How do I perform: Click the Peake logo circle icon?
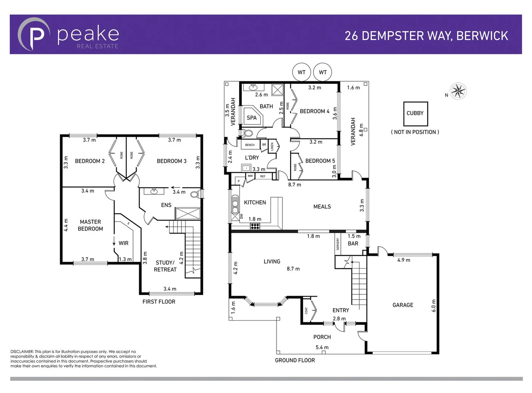point(33,34)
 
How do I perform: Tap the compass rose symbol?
point(458,91)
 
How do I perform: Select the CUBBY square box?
point(415,114)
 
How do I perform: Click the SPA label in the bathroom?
point(252,118)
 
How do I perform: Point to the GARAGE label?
point(403,305)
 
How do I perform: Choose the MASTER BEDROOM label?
point(90,225)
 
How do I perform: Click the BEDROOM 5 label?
point(320,161)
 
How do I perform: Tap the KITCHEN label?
point(255,202)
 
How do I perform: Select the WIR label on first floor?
point(123,243)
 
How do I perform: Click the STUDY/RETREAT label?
point(165,266)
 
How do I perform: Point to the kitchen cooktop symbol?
point(255,226)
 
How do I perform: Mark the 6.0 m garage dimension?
point(433,306)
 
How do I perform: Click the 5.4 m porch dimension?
point(322,347)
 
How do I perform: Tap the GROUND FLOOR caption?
point(295,360)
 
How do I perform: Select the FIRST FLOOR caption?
point(159,302)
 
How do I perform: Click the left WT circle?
point(301,72)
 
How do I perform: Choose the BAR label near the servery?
point(353,243)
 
